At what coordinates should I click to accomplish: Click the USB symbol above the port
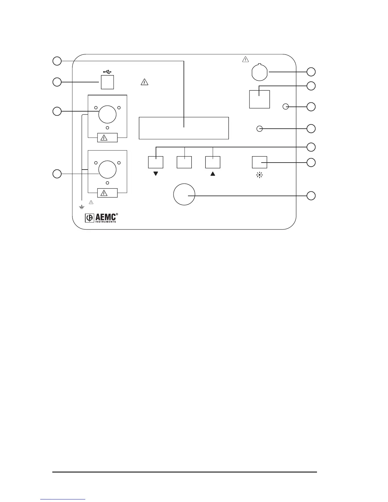[x=107, y=72]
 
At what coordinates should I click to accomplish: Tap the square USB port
[x=107, y=82]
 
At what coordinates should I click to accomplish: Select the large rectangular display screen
[x=184, y=128]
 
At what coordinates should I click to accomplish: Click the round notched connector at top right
[x=260, y=72]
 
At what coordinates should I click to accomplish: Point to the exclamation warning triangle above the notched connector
[x=246, y=59]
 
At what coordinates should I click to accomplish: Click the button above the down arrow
[x=156, y=162]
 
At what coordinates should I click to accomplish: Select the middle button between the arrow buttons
[x=184, y=162]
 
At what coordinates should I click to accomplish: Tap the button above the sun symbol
[x=259, y=162]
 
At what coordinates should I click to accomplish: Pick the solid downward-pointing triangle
[x=156, y=174]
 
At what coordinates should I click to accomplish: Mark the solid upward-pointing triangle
[x=213, y=174]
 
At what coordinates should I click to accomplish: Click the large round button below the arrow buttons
[x=184, y=195]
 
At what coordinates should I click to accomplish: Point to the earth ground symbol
[x=82, y=207]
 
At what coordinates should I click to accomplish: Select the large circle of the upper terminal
[x=107, y=114]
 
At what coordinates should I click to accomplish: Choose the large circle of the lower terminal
[x=107, y=169]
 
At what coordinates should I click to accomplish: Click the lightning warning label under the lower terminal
[x=107, y=193]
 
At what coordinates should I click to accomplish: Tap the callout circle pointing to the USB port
[x=57, y=82]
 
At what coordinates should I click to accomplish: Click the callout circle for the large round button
[x=311, y=196]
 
